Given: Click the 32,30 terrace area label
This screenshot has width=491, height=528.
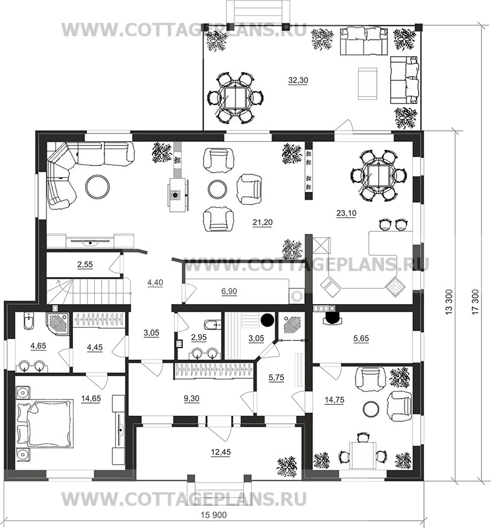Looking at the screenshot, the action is click(x=298, y=80).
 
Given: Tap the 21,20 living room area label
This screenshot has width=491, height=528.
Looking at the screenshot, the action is click(x=263, y=222).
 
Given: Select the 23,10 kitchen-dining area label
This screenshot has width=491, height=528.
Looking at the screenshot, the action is click(x=346, y=213).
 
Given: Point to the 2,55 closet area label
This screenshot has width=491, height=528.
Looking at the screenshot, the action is click(x=85, y=265).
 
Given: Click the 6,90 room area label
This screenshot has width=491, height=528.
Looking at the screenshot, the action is click(x=229, y=291).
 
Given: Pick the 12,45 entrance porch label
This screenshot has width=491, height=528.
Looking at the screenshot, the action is click(x=220, y=452).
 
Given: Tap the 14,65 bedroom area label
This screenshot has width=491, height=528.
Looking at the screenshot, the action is click(x=91, y=399).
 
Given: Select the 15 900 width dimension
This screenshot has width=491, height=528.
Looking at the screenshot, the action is click(x=214, y=515).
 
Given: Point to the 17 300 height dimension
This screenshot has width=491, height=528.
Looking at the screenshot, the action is click(x=475, y=302).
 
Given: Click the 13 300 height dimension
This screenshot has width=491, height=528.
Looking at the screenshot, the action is click(x=449, y=302).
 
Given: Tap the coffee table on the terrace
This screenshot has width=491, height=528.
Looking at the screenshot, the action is click(x=367, y=84).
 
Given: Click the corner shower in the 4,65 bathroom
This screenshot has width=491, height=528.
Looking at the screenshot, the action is click(x=58, y=323).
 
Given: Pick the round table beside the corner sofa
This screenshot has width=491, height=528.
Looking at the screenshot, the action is click(x=97, y=186).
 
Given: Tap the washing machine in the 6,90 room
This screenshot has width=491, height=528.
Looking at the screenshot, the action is click(x=297, y=296).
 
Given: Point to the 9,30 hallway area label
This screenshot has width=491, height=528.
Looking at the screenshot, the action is click(x=191, y=398).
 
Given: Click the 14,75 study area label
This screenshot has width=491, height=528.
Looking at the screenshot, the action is click(x=335, y=400).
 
